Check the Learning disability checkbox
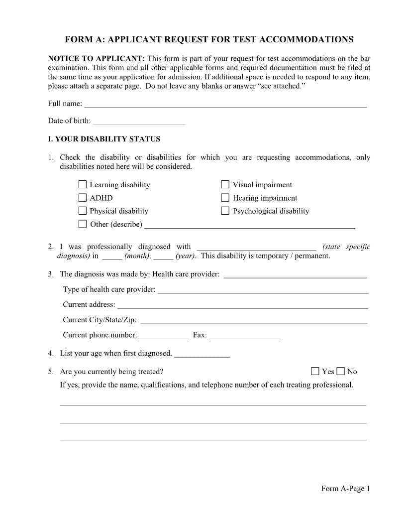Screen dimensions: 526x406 click(83, 185)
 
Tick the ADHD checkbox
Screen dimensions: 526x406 click(83, 198)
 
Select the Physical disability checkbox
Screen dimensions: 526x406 click(83, 211)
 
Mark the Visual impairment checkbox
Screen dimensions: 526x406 click(225, 185)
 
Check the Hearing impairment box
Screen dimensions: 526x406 click(225, 198)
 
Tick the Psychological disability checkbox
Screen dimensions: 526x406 click(225, 211)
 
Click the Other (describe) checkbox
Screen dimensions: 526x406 click(83, 224)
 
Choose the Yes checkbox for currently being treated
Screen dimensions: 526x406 click(315, 371)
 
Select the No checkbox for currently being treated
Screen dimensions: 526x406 click(341, 371)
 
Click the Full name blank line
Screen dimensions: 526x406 click(225, 104)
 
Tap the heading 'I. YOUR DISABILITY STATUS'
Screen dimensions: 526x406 click(104, 139)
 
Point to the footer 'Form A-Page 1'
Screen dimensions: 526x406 click(345, 489)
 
